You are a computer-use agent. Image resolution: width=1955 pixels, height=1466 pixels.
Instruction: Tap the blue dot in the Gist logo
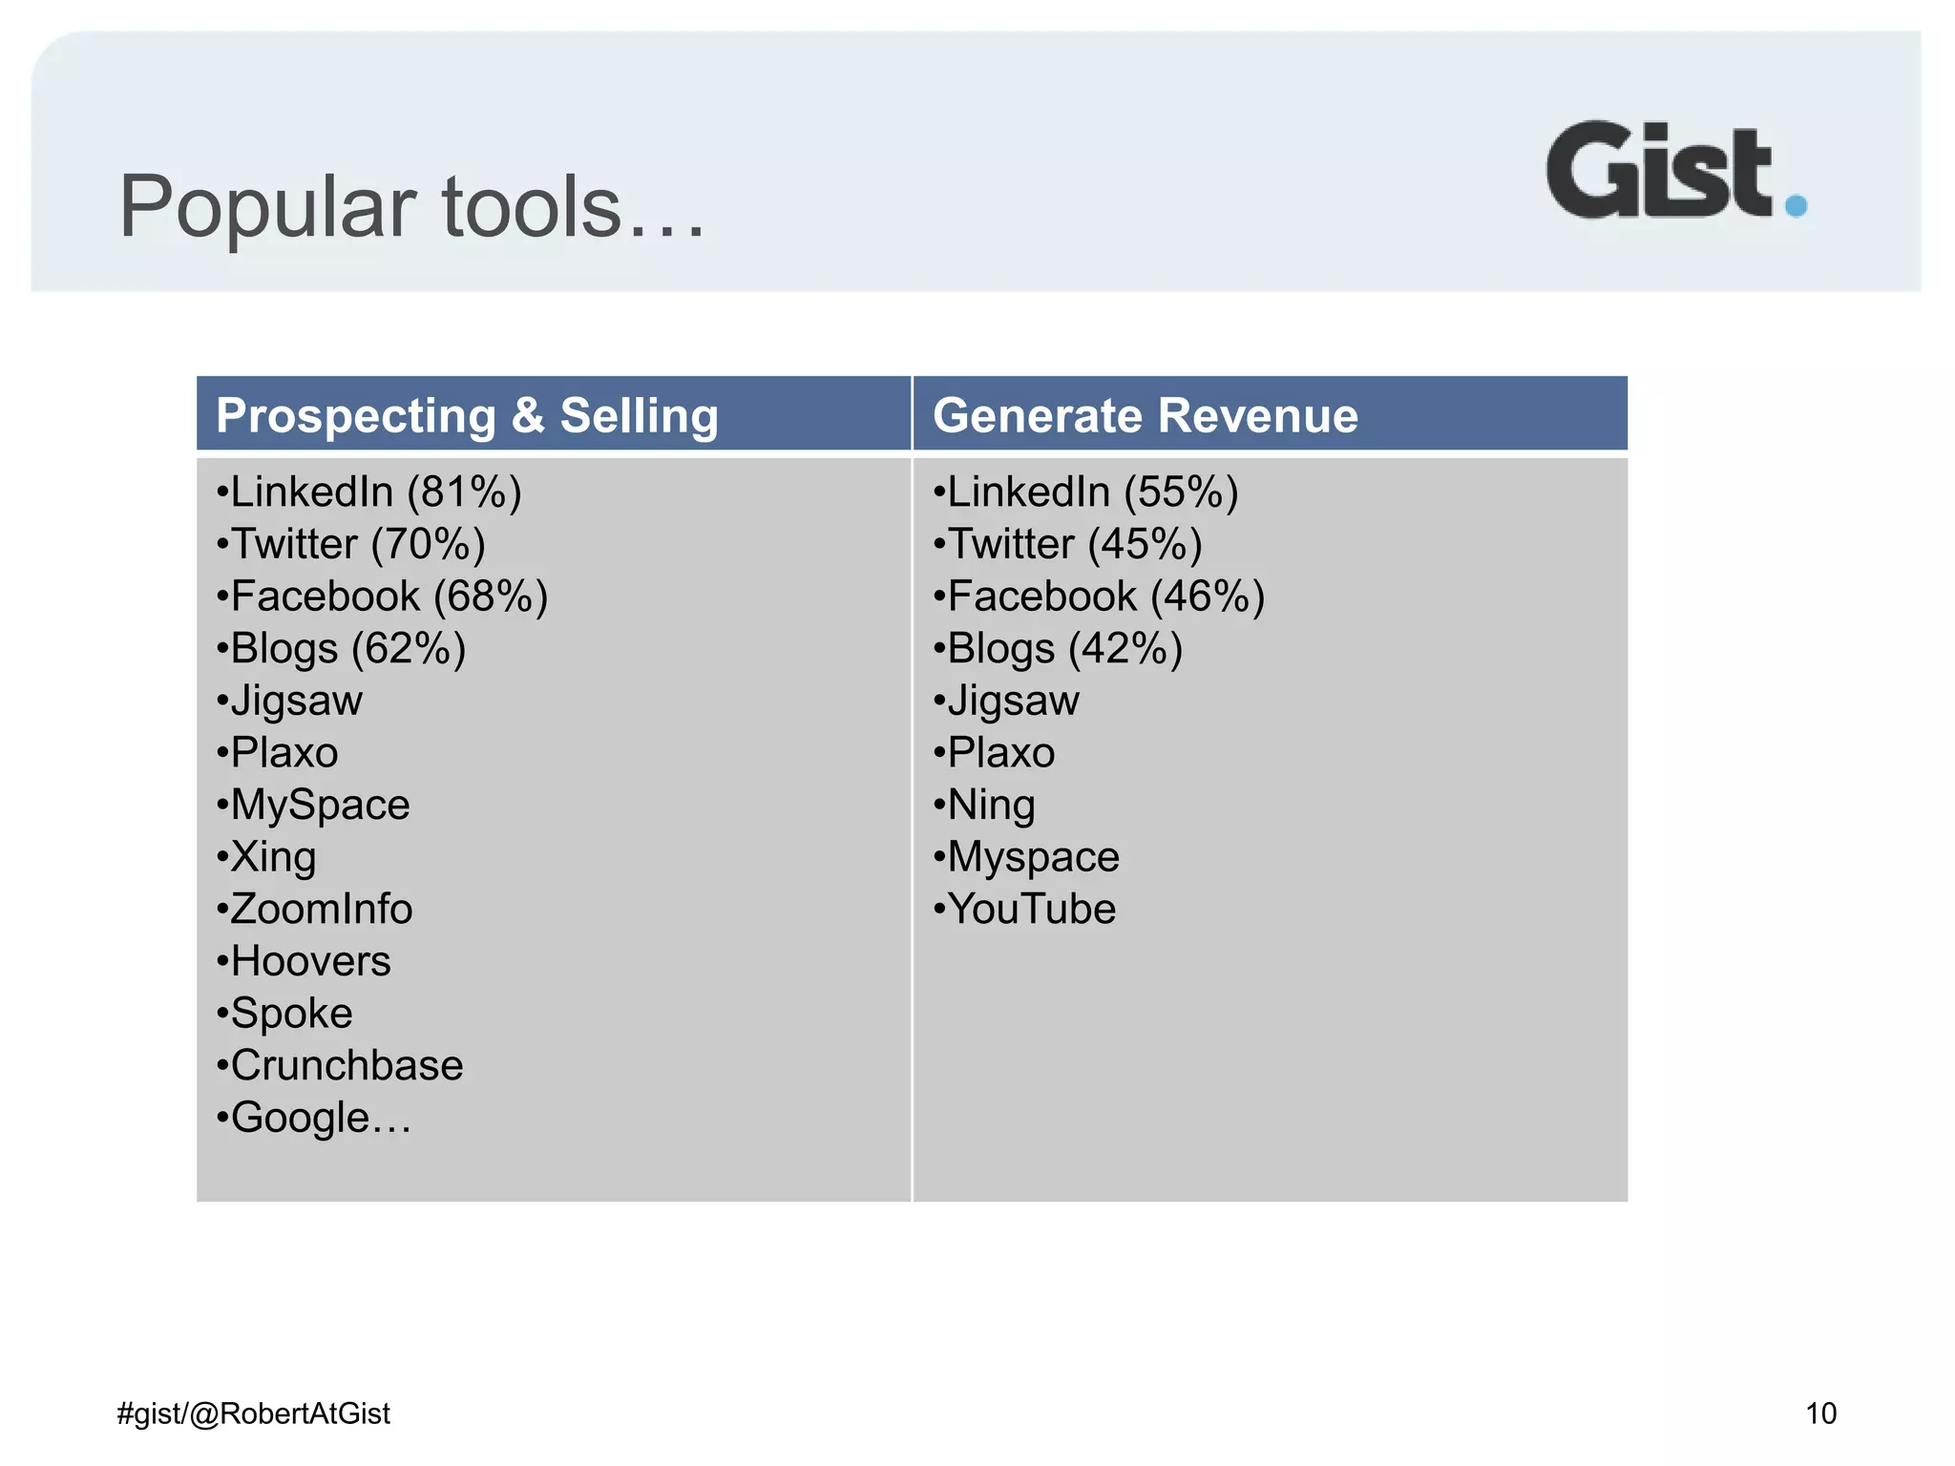[1796, 205]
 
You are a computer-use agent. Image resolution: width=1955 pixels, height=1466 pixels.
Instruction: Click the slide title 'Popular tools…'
[411, 207]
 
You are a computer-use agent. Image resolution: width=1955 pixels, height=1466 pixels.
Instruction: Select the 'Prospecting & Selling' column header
[467, 416]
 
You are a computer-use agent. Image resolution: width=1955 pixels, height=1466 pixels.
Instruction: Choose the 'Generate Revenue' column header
[1145, 416]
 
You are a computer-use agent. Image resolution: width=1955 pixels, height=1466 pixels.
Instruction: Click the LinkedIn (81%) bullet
[369, 492]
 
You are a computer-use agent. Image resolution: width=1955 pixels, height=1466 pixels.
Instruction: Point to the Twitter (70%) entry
[351, 545]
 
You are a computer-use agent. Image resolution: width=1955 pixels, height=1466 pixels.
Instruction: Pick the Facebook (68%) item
[383, 597]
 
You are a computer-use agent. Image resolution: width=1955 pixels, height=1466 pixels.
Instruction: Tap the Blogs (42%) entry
[1059, 649]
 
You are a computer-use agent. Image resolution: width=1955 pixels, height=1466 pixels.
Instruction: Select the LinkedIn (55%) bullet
[1086, 492]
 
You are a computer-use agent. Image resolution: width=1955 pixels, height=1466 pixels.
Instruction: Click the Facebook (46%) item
[1100, 597]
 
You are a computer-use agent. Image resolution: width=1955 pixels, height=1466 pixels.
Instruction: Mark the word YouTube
[1031, 910]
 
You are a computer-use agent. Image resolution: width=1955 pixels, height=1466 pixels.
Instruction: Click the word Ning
[991, 806]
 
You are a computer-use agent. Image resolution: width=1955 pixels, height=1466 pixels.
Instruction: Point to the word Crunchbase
[347, 1066]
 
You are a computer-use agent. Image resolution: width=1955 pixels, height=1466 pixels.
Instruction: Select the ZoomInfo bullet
[315, 910]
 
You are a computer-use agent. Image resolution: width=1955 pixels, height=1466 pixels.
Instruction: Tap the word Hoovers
[310, 962]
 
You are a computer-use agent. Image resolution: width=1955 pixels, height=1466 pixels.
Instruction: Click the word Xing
[273, 857]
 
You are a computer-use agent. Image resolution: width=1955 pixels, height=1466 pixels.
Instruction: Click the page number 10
[1820, 1414]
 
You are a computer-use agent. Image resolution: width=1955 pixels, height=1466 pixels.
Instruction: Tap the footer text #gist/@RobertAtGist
[254, 1414]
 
